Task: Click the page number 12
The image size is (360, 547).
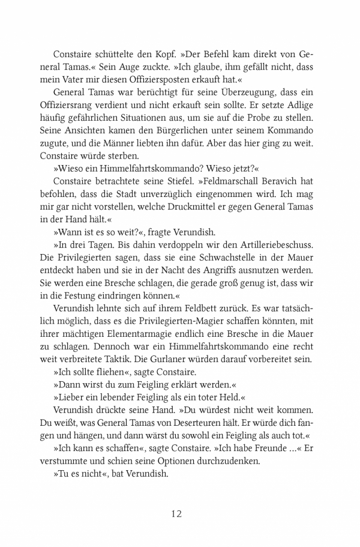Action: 176,513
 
